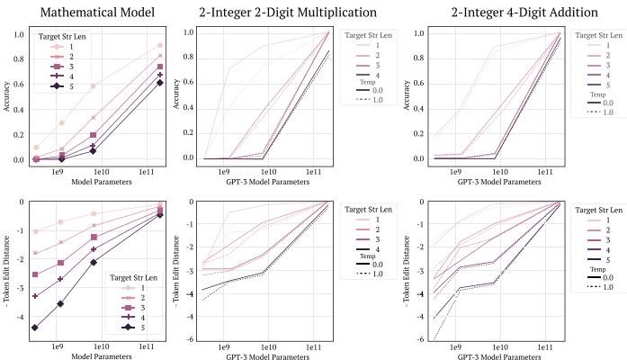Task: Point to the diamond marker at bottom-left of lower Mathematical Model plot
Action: click(x=35, y=328)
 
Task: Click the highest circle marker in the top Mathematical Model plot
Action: click(x=159, y=45)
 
